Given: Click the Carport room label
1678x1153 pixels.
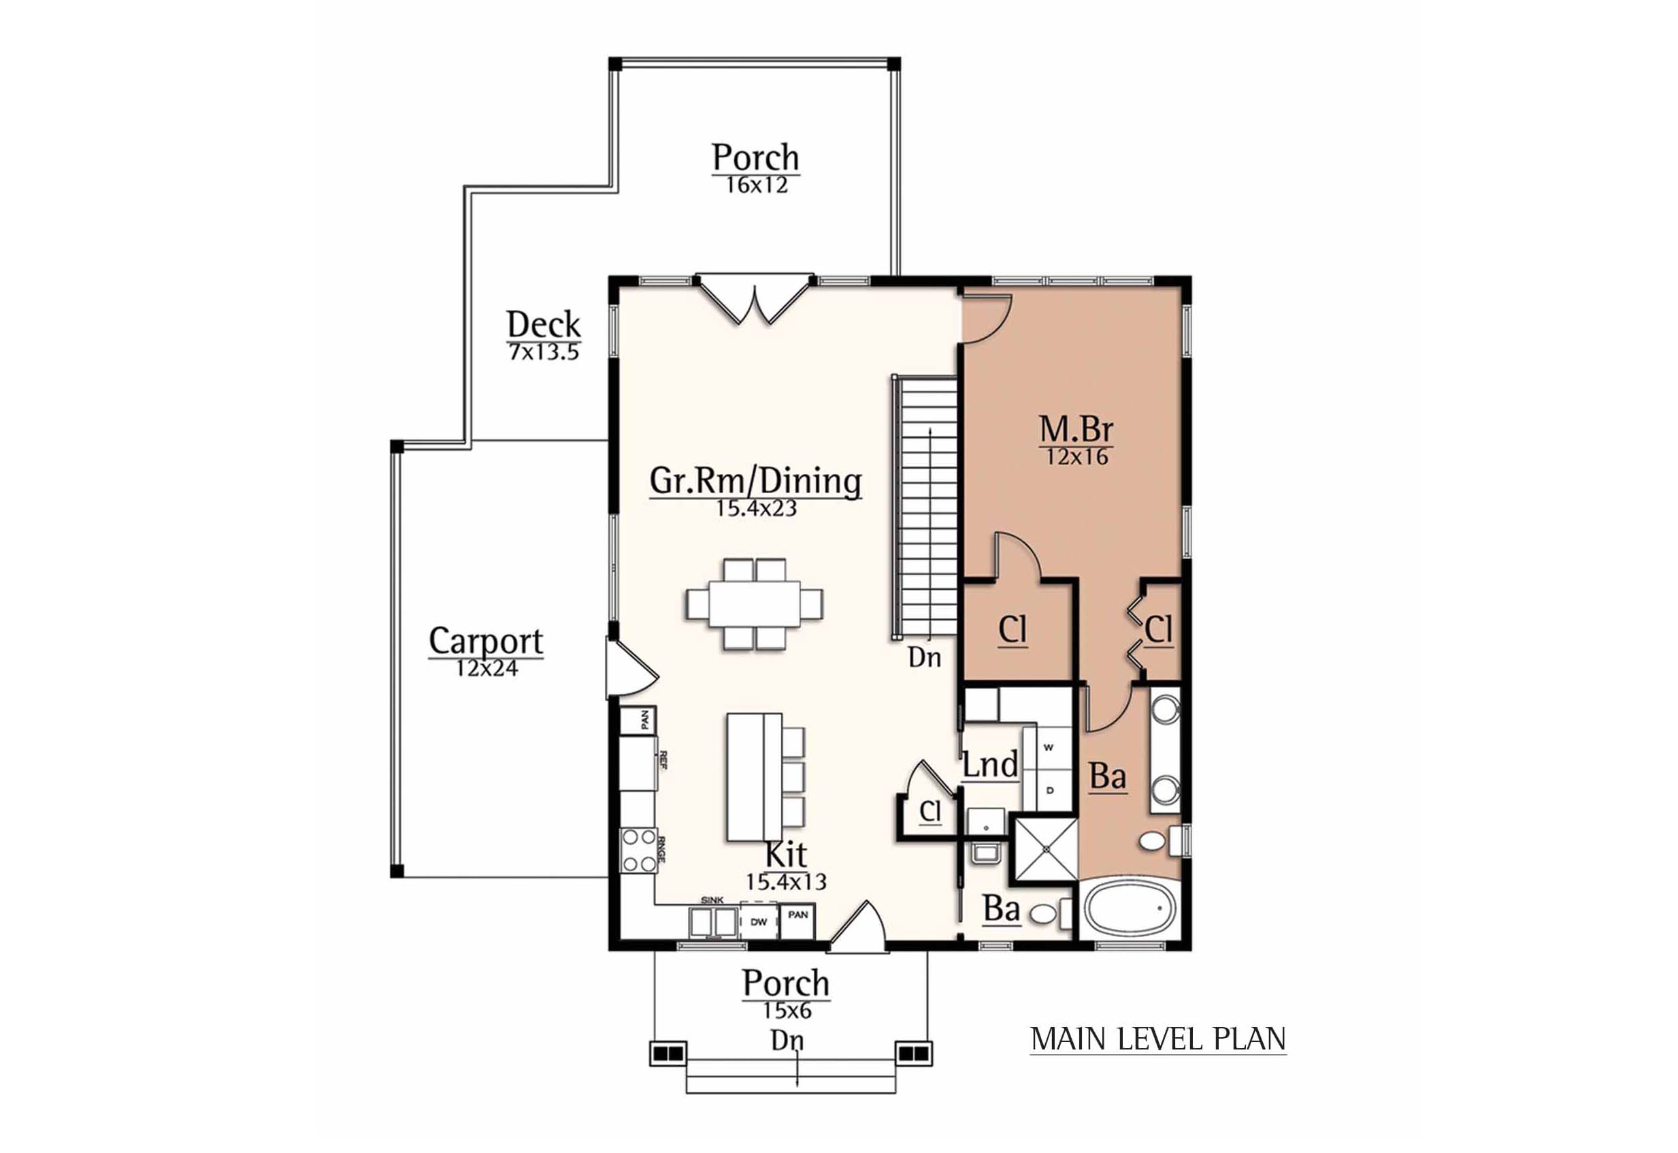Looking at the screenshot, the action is click(486, 640).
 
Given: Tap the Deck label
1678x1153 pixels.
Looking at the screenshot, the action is click(543, 323).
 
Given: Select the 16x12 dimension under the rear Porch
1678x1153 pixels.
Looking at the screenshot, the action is click(757, 186).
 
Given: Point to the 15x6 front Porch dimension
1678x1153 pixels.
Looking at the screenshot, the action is click(787, 1011).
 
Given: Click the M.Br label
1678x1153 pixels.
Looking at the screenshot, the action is click(1076, 430).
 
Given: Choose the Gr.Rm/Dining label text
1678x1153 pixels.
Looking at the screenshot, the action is click(756, 480).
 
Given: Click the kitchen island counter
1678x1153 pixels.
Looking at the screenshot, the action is click(754, 776).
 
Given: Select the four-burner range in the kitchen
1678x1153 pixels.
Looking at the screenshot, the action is click(638, 851).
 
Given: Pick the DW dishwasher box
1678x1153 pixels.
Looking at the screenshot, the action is click(758, 923).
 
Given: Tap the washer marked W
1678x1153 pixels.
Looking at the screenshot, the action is click(1050, 748).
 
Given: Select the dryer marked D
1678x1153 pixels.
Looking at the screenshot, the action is click(1050, 789).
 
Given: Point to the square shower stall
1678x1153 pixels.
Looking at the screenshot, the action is click(1044, 851).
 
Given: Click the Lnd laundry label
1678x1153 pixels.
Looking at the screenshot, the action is click(991, 764).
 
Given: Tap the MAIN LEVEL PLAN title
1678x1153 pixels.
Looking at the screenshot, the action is click(1158, 1039).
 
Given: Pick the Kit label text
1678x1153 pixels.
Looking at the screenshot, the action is click(785, 855).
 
